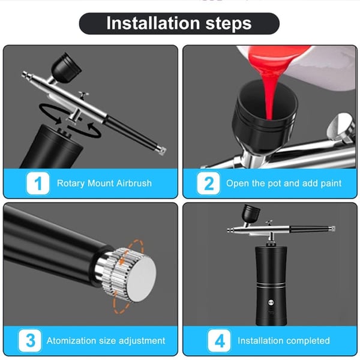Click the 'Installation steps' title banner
[x=179, y=24]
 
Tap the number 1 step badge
[x=39, y=183]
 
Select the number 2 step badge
[x=209, y=183]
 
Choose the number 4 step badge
[x=220, y=340]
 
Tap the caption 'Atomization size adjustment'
[x=106, y=341]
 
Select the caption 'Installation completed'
[x=283, y=341]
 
